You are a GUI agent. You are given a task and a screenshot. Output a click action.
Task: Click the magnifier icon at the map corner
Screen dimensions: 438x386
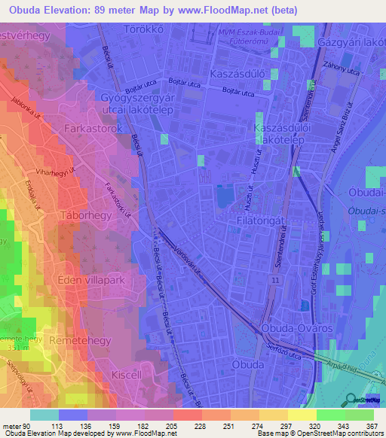(x=351, y=399)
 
